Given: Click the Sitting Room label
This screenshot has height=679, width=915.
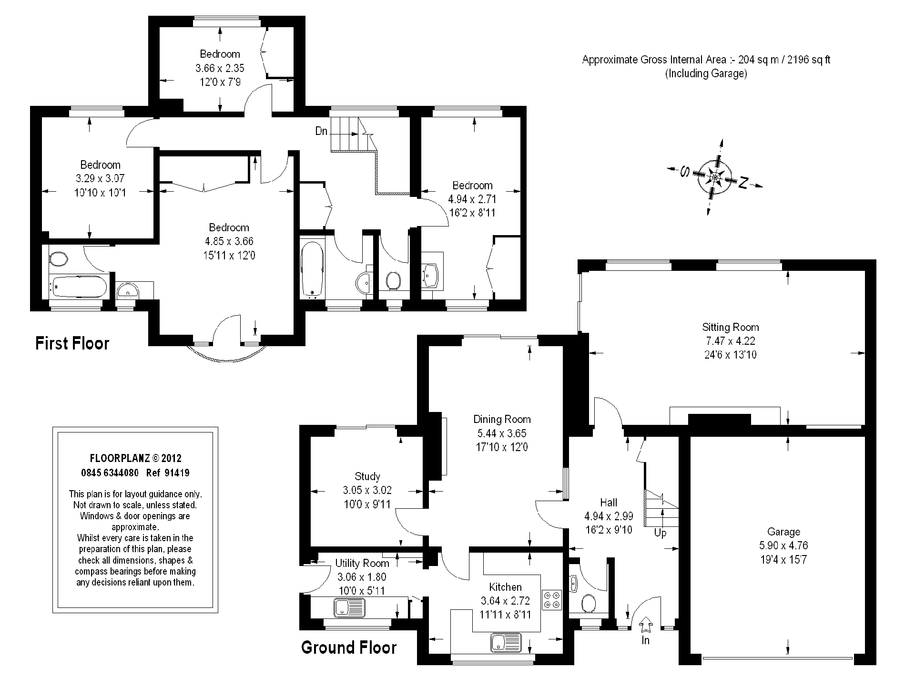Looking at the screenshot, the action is [730, 327].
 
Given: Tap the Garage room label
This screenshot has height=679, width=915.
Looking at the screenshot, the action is [783, 532].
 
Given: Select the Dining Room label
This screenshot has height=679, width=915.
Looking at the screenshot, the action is [502, 419].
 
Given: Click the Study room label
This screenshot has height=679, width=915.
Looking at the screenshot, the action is [367, 476].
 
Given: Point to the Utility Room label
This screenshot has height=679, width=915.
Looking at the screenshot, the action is [362, 563].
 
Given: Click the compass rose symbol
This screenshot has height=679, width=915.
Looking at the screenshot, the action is [714, 178].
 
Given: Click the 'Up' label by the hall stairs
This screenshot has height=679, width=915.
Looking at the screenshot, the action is [660, 533].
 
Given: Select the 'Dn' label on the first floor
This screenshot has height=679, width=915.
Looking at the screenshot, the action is [322, 131].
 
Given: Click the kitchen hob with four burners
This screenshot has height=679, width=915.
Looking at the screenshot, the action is [553, 600].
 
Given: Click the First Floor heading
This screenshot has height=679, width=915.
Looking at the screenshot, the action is [72, 343].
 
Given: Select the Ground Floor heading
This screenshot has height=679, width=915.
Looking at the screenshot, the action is [349, 648].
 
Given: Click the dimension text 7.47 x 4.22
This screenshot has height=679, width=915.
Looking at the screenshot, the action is [731, 341].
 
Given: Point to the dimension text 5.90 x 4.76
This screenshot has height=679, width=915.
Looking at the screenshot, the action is [783, 545].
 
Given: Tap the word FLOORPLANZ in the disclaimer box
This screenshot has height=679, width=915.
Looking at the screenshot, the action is [120, 458].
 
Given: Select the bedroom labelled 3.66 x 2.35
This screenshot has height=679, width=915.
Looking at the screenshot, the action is [220, 68].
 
